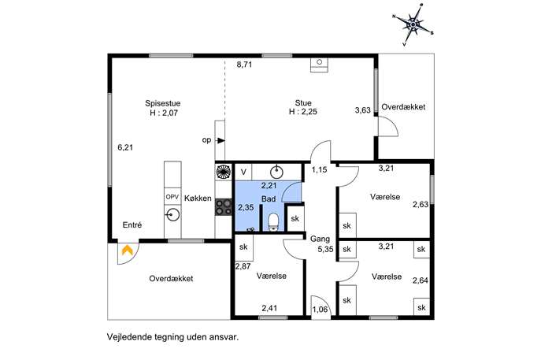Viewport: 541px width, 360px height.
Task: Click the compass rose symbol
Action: (413, 25)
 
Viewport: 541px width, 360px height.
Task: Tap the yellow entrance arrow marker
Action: (128, 250)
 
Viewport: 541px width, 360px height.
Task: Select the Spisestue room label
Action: (162, 103)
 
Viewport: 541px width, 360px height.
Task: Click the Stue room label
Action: (303, 103)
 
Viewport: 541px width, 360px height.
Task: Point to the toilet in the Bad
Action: (273, 221)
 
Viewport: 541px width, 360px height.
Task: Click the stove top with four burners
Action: (224, 207)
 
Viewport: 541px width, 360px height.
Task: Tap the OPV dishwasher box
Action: (172, 197)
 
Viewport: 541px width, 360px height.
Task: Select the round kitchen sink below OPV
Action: (172, 215)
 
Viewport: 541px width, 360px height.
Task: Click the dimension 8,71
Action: (244, 64)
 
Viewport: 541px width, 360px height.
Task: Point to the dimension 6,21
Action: (125, 147)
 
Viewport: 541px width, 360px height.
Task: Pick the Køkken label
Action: (198, 199)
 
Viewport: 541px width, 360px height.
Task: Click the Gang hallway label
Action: (320, 239)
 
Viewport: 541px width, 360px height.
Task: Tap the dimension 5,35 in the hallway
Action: (326, 249)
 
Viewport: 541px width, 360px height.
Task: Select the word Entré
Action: (132, 225)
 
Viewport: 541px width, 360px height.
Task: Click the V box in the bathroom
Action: (243, 172)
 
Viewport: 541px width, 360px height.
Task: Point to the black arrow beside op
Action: (220, 140)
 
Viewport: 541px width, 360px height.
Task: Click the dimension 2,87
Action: (243, 266)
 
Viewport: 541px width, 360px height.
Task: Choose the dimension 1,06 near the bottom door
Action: (320, 310)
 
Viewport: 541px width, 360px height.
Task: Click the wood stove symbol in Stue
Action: (319, 65)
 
